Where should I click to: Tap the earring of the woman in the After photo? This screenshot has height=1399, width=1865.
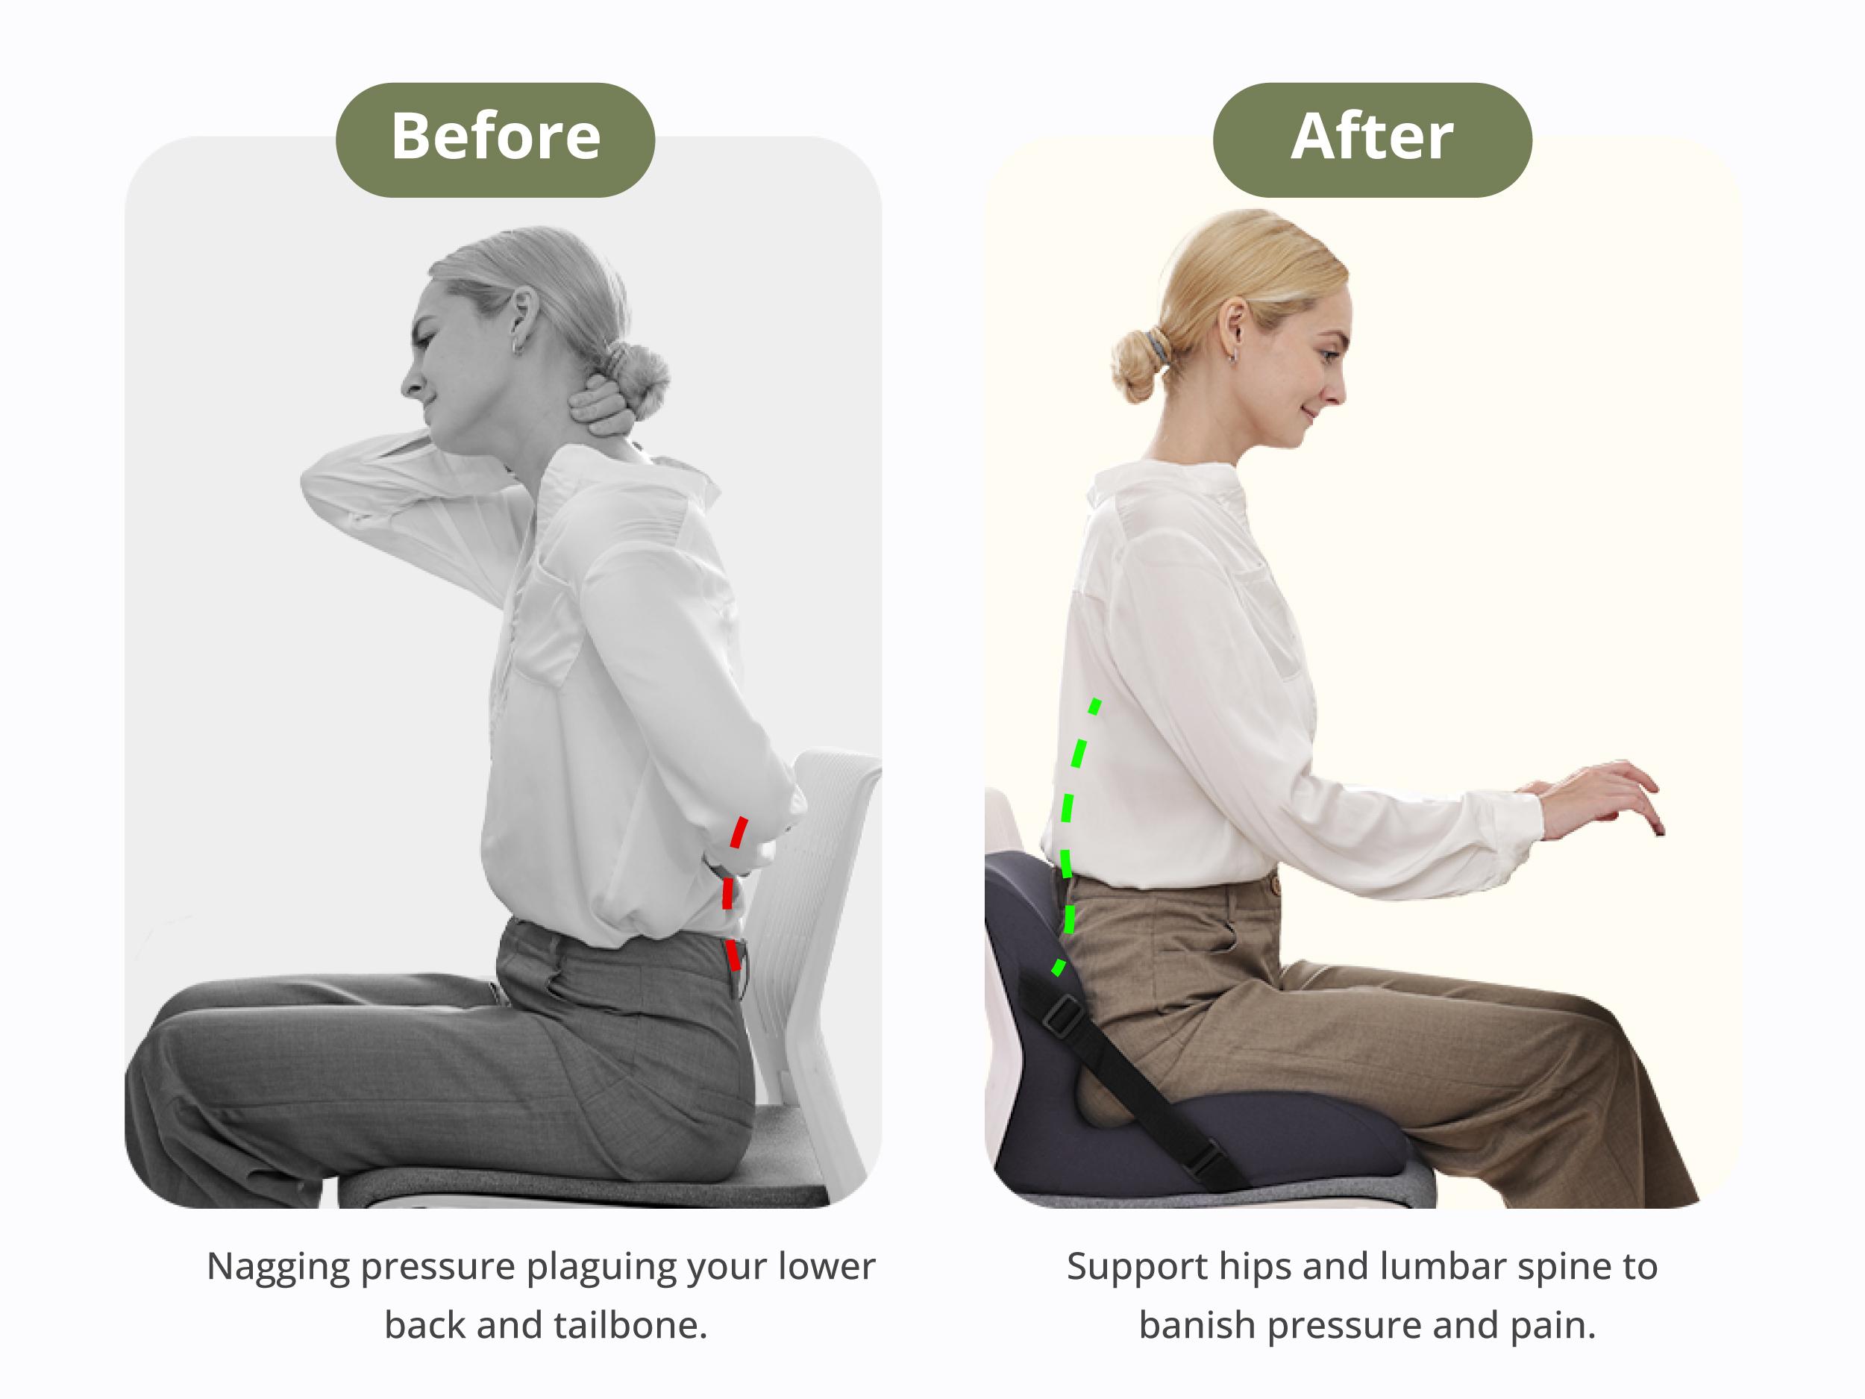point(1232,357)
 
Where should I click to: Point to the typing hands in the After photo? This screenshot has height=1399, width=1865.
point(1602,797)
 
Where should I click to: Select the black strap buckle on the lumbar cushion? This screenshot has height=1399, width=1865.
point(1064,1015)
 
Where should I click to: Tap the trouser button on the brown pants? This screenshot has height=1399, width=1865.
point(1276,886)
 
